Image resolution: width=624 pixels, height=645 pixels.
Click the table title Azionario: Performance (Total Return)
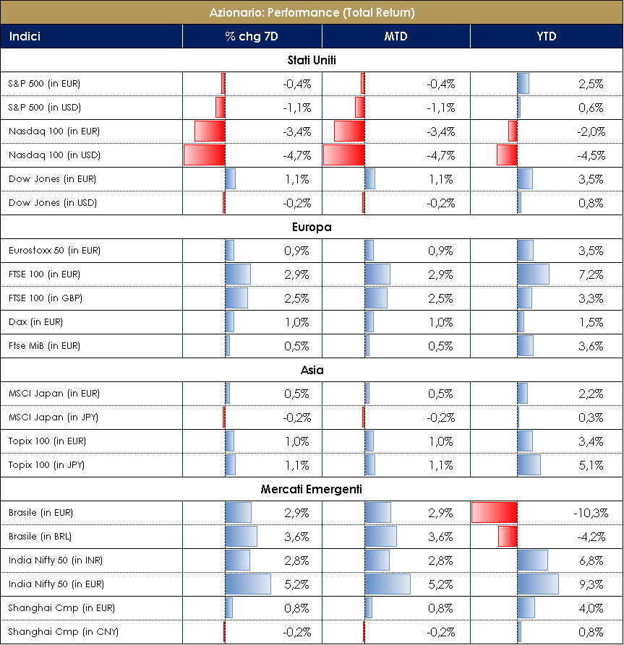312,12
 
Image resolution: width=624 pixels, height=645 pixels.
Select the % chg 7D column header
252,36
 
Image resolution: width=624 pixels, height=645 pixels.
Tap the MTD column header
396,36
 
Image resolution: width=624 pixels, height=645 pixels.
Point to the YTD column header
547,36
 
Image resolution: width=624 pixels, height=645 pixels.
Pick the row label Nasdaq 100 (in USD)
54,155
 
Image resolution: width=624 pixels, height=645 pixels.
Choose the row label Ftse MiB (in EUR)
44,346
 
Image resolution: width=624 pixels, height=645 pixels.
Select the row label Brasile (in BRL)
40,537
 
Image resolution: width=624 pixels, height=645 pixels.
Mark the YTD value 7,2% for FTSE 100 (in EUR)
591,274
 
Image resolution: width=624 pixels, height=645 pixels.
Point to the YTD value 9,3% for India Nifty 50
591,584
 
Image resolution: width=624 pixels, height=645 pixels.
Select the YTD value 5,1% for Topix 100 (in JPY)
591,465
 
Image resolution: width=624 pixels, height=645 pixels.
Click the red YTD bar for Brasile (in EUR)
494,513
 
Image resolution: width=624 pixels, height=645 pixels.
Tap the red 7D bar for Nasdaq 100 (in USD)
205,155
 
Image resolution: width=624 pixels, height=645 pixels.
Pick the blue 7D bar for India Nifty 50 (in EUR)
247,584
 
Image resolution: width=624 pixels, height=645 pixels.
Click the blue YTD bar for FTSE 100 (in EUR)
533,274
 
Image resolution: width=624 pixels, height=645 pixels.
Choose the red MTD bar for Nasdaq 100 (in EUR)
349,131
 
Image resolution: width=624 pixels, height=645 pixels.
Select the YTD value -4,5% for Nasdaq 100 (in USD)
590,155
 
